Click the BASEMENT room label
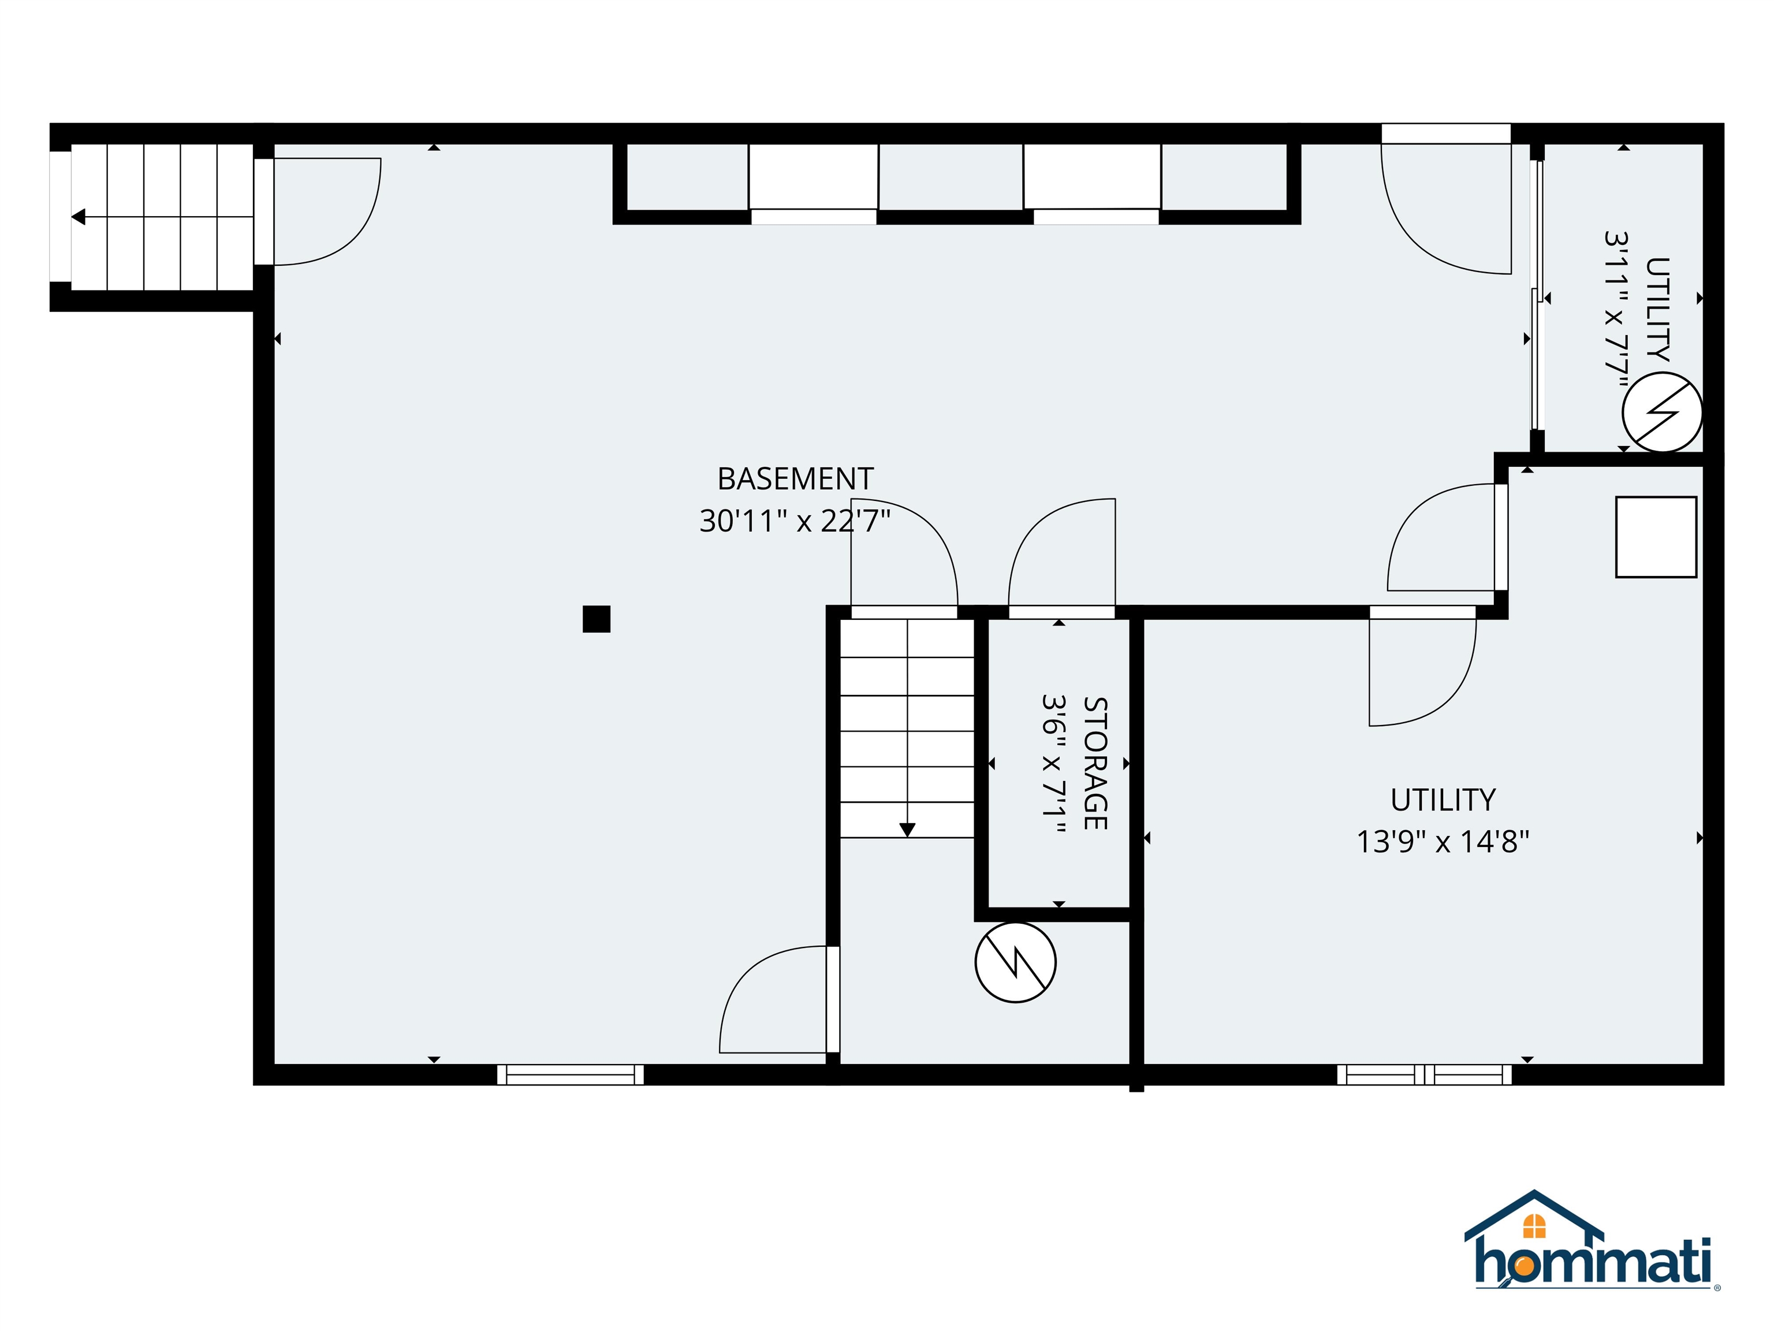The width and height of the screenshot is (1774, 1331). coord(795,479)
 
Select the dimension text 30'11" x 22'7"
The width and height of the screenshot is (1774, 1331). coord(795,522)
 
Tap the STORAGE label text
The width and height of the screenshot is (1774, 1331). coord(1095,763)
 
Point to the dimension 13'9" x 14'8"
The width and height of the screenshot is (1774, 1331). coord(1442,842)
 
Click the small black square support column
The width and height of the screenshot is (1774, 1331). coord(596,619)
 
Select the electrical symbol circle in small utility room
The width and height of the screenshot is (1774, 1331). coord(1662,411)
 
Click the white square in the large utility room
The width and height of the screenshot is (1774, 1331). coord(1655,537)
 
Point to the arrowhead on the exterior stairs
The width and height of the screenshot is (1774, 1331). coord(79,217)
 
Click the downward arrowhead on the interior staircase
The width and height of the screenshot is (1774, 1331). coord(907,830)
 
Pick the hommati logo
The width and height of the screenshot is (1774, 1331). coord(1592,1253)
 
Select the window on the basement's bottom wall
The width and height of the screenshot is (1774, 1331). coord(570,1075)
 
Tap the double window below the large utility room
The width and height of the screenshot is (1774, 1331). coord(1423,1075)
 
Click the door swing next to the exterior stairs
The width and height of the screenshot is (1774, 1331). coord(325,212)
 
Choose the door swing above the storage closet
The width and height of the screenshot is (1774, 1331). coord(1060,553)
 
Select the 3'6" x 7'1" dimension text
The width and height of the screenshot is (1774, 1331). coord(1053,763)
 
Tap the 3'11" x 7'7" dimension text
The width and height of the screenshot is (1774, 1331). coord(1618,313)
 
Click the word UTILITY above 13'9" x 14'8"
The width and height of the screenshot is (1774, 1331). coord(1443,800)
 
